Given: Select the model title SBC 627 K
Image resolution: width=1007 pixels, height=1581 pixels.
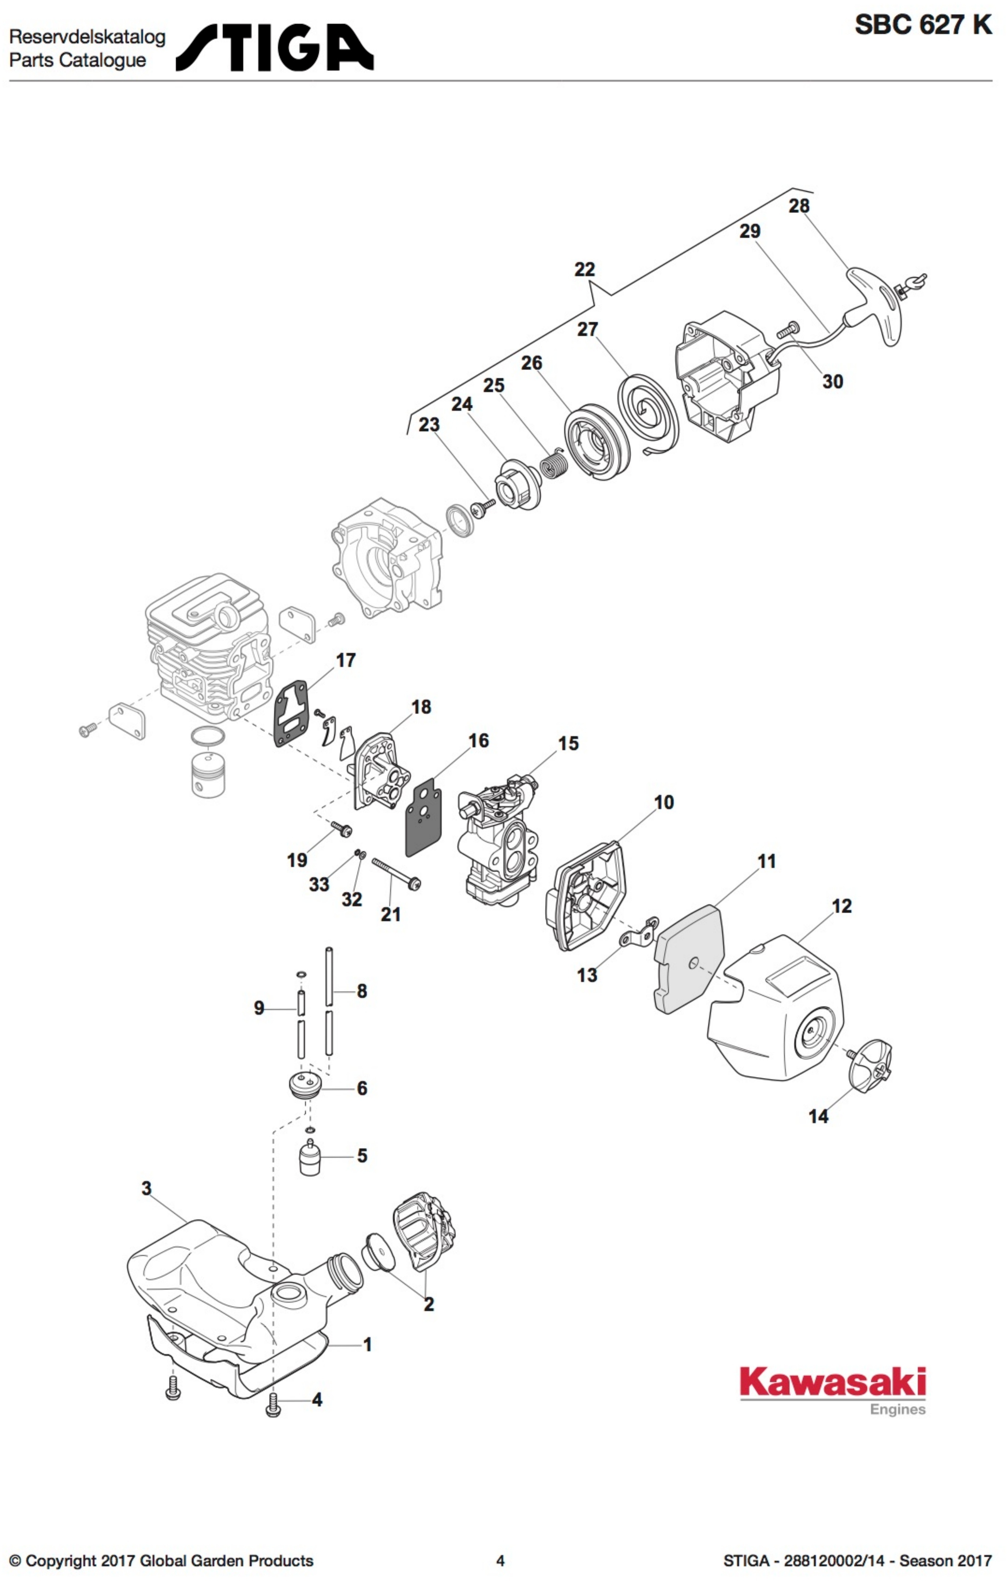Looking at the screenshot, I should point(922,25).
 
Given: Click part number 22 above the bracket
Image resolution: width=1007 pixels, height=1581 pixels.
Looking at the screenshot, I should point(584,269).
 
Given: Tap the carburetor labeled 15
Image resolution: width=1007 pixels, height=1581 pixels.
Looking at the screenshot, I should point(499,834).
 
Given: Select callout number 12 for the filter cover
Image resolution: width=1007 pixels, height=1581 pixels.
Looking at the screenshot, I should point(841,906).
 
